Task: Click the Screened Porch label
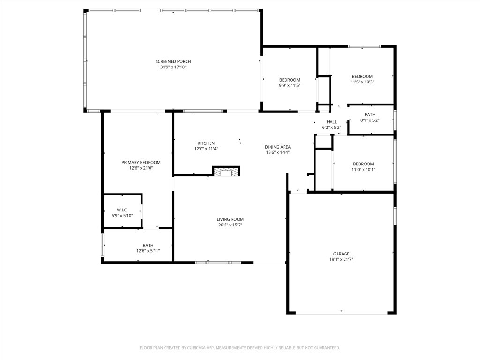click(x=173, y=61)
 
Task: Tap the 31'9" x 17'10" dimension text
click(x=173, y=67)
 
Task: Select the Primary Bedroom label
click(x=141, y=162)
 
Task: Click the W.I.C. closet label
click(x=122, y=210)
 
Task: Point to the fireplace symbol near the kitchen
click(x=226, y=172)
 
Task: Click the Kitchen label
click(x=206, y=143)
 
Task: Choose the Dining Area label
click(x=277, y=147)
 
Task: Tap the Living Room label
click(x=230, y=219)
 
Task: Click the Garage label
click(x=341, y=254)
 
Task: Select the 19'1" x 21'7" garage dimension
click(x=341, y=259)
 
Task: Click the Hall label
click(x=331, y=122)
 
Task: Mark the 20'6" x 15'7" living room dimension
click(x=230, y=225)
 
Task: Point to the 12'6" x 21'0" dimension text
click(x=141, y=168)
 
